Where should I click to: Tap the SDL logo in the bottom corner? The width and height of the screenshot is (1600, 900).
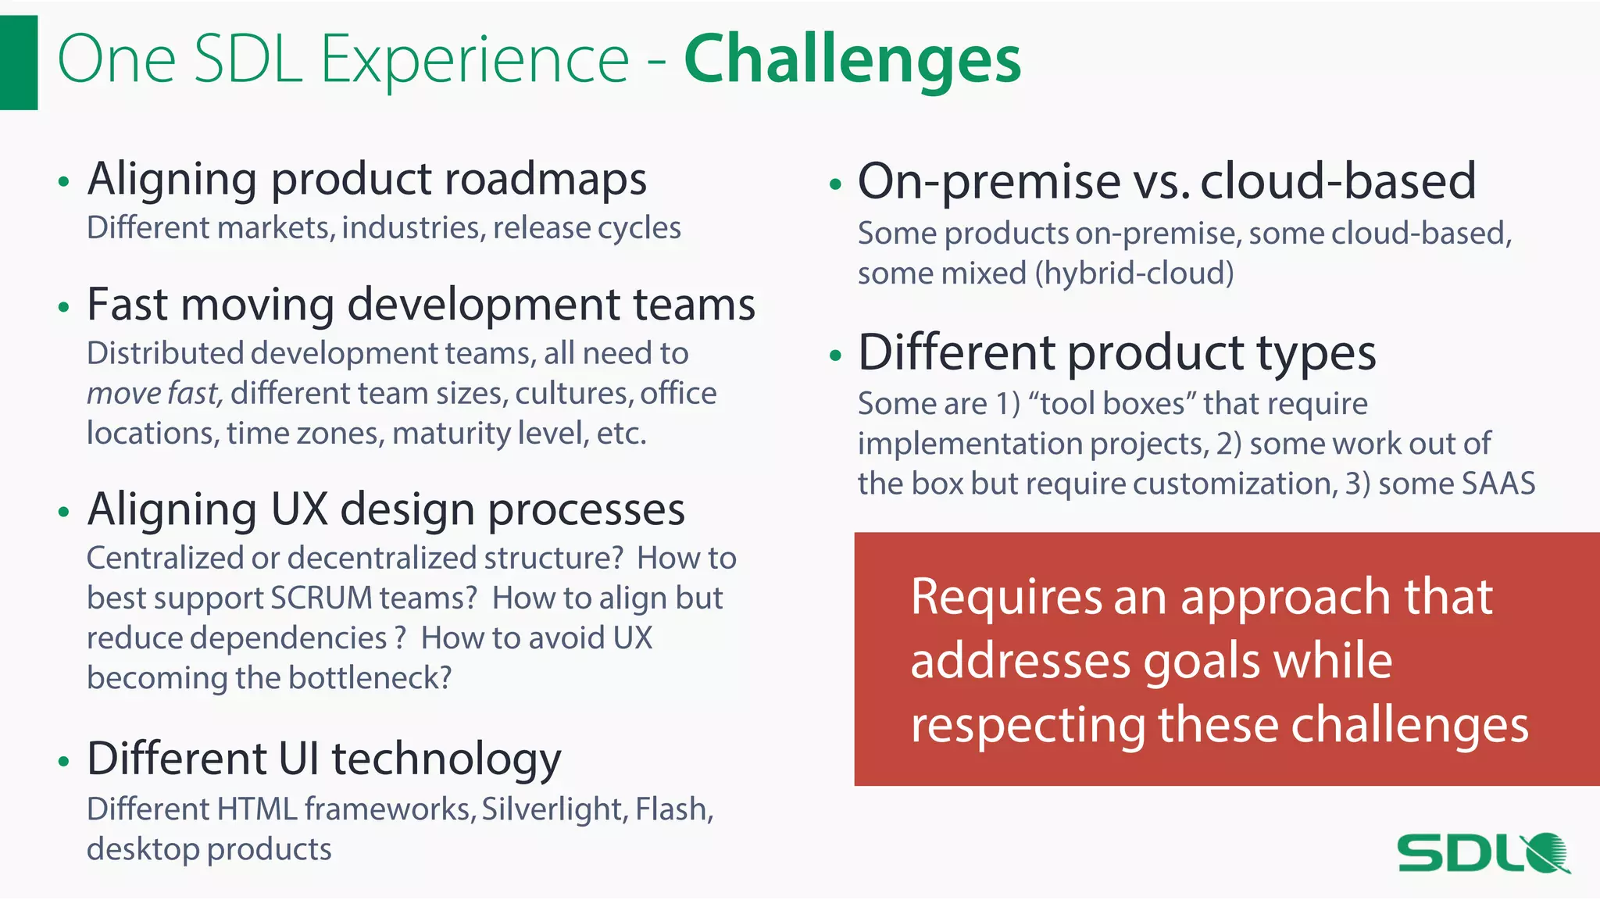pyautogui.click(x=1483, y=853)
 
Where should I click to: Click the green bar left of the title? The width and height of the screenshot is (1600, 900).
pyautogui.click(x=19, y=62)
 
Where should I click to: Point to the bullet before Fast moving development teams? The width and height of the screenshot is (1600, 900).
pyautogui.click(x=64, y=307)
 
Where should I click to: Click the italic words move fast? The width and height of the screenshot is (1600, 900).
pyautogui.click(x=154, y=393)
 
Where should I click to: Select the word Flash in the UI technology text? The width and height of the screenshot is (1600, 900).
pyautogui.click(x=673, y=809)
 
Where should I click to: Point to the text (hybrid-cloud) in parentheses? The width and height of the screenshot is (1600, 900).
pyautogui.click(x=1134, y=273)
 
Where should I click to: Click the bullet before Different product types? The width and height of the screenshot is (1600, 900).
pyautogui.click(x=835, y=355)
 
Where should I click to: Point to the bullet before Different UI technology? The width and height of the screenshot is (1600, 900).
pyautogui.click(x=64, y=761)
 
